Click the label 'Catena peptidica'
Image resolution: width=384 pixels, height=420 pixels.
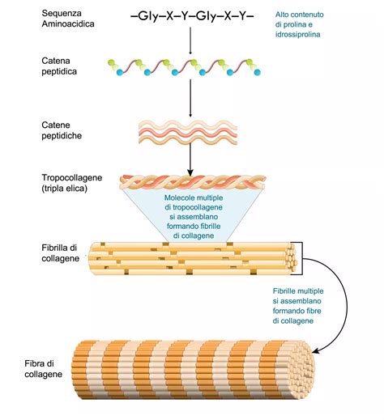63,66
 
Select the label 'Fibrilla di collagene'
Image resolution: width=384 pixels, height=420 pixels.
62,252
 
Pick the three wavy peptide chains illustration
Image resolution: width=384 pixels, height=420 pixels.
190,130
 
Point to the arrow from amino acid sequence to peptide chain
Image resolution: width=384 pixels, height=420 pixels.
190,41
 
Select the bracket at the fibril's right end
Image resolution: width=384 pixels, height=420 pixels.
301,254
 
